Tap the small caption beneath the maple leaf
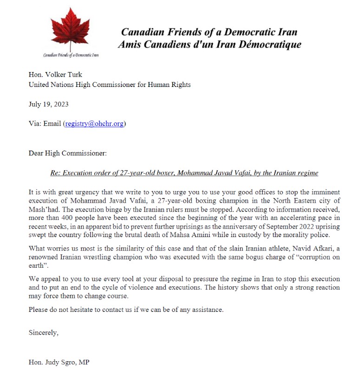[71, 55]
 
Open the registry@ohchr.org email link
[94, 124]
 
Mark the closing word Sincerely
[44, 333]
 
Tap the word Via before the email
[35, 124]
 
